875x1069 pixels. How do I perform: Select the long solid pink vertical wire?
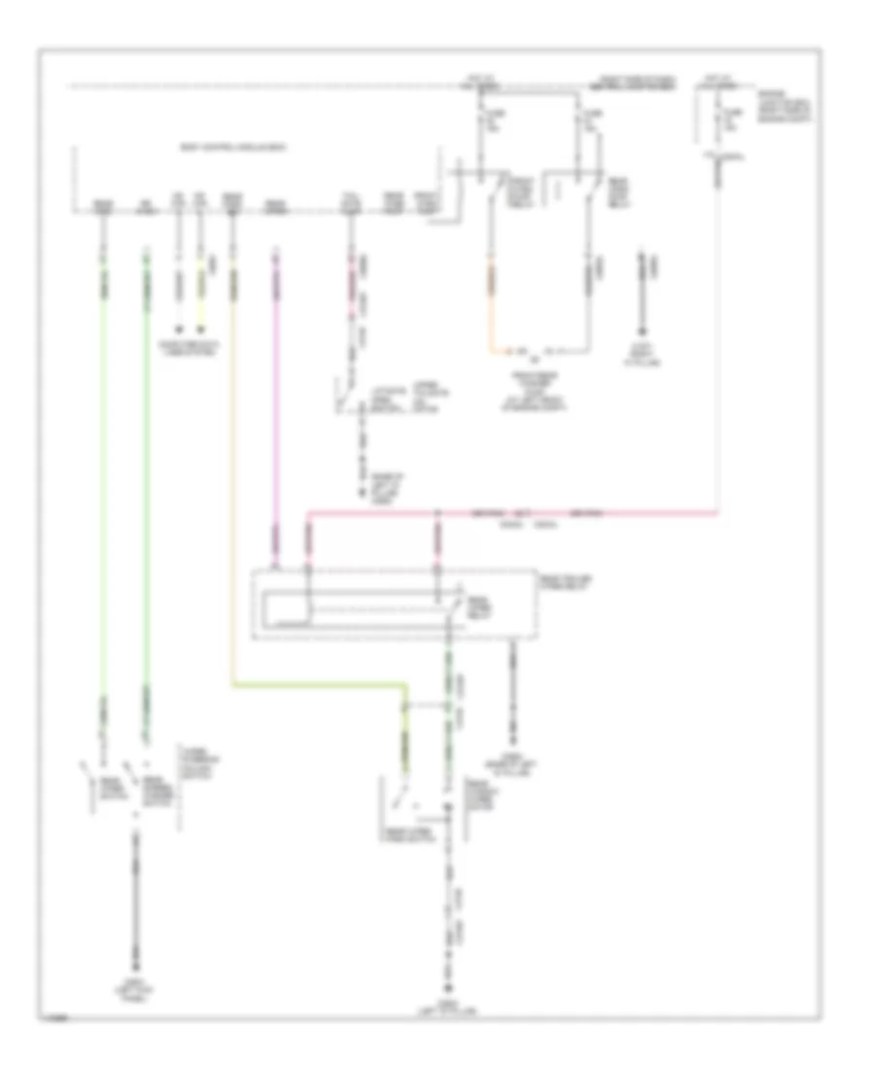[x=276, y=408]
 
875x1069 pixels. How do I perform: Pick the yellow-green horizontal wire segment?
[x=321, y=686]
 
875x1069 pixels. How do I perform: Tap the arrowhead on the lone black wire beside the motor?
[x=641, y=334]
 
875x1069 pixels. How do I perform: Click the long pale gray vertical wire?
[x=718, y=340]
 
